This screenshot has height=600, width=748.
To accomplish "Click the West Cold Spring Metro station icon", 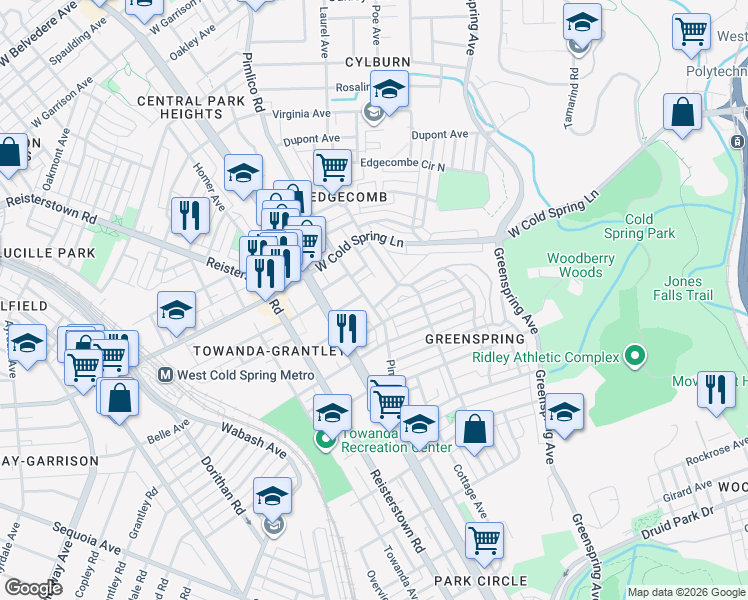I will (166, 375).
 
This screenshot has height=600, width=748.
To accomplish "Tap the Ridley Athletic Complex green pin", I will (633, 355).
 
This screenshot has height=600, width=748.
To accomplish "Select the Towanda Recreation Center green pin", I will (324, 439).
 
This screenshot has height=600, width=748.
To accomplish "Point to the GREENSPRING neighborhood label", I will (475, 339).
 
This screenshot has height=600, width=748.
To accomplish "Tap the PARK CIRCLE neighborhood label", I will (480, 581).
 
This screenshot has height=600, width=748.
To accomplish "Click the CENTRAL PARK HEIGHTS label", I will (192, 107).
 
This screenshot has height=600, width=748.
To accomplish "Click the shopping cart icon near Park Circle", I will (484, 539).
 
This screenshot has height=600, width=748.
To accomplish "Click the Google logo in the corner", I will (32, 588).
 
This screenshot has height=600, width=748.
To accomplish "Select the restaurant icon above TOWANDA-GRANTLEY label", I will (347, 326).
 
